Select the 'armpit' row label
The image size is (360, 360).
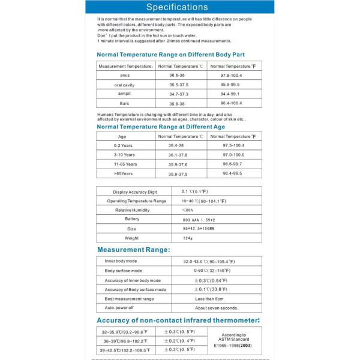(x=125, y=94)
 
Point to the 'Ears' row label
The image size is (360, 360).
(x=125, y=103)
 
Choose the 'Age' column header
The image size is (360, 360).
(x=122, y=136)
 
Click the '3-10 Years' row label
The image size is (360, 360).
(x=125, y=155)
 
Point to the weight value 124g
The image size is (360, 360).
(x=187, y=238)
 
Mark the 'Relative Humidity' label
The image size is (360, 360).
(x=132, y=210)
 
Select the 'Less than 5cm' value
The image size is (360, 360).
(x=208, y=298)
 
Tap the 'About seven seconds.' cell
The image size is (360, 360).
(x=208, y=308)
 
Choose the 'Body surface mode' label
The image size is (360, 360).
(x=124, y=271)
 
